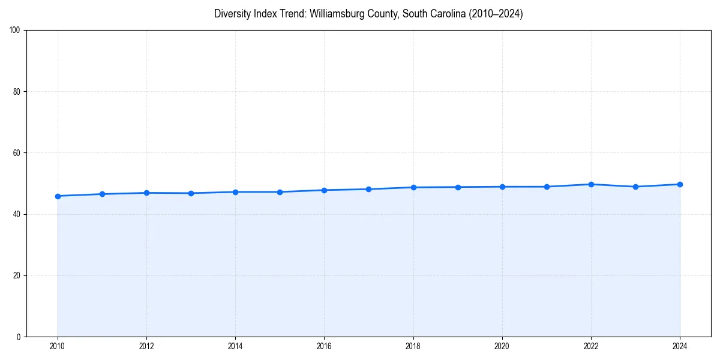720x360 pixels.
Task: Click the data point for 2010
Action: point(58,196)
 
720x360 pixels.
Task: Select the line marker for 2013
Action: point(191,193)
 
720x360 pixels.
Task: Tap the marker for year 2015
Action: point(280,192)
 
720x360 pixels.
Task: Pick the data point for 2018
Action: point(413,187)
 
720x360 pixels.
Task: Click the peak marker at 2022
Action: point(591,184)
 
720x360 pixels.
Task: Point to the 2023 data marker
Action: point(635,187)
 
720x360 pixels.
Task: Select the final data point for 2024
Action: point(680,184)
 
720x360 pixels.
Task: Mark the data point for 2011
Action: point(102,194)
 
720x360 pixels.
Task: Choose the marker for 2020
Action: point(502,187)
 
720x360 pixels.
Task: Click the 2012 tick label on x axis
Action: point(146,346)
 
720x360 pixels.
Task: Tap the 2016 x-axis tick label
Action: point(324,346)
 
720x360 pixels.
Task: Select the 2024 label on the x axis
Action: point(680,346)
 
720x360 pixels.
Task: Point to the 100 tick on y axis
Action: point(16,31)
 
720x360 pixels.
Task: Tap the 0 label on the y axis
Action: point(19,337)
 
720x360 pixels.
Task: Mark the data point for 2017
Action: point(368,189)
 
